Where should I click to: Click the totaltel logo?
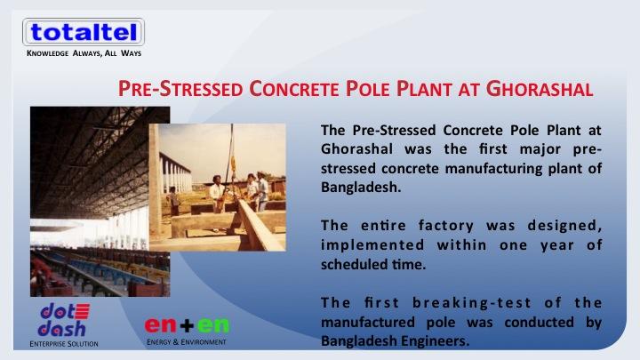click(x=84, y=32)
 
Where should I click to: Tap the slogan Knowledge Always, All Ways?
click(x=84, y=53)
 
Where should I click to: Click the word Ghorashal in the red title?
click(x=540, y=89)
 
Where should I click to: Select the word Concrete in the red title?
click(x=294, y=89)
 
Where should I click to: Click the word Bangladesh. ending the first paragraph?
click(x=361, y=187)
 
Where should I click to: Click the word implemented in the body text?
click(x=372, y=245)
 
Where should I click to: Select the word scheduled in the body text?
click(x=354, y=264)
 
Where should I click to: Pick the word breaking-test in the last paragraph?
click(x=472, y=303)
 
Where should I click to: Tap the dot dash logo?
click(x=64, y=320)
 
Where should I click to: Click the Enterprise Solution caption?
click(x=64, y=344)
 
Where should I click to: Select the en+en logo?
click(x=187, y=325)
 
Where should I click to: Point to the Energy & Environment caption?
click(x=187, y=341)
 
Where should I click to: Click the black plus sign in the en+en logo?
click(x=187, y=325)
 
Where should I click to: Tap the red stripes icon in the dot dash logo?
click(x=82, y=311)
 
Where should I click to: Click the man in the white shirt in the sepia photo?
click(x=217, y=194)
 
